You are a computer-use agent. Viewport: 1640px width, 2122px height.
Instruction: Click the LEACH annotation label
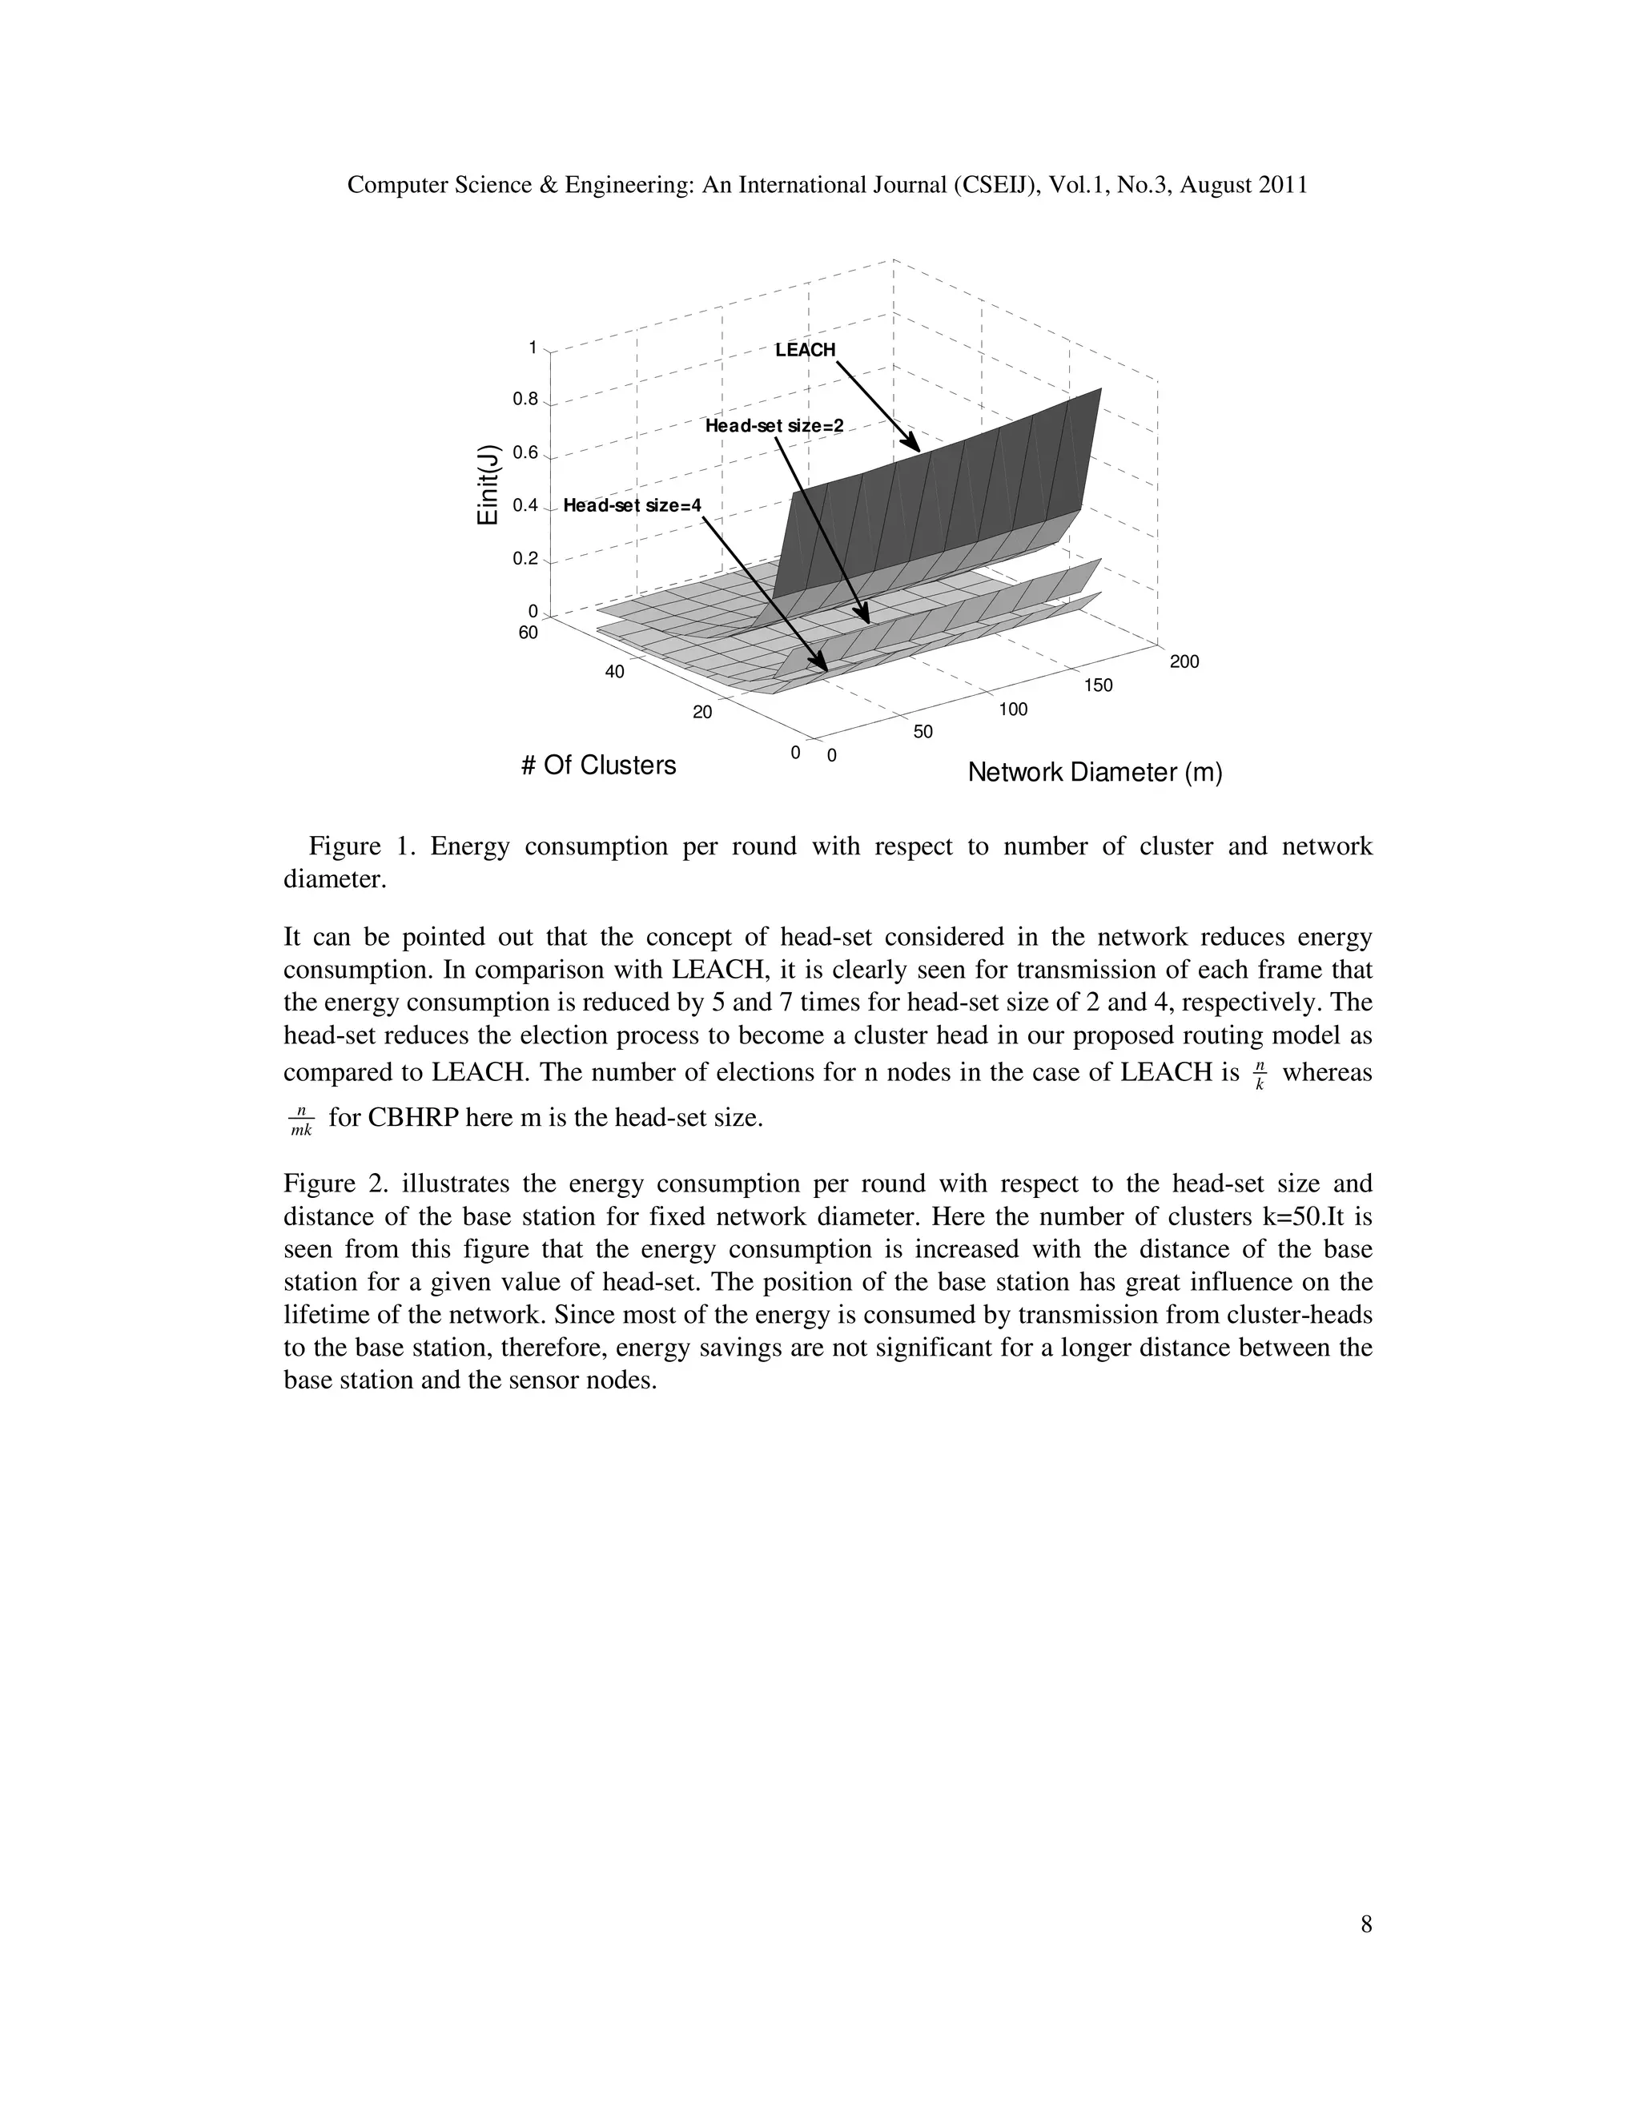(x=805, y=350)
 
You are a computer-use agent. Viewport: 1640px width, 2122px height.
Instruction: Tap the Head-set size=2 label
(x=774, y=425)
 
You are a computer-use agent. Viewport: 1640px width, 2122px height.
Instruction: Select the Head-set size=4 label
(x=632, y=505)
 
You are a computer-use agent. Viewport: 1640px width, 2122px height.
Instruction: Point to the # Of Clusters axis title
(x=598, y=766)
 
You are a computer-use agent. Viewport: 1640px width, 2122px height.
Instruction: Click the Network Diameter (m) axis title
(x=1095, y=773)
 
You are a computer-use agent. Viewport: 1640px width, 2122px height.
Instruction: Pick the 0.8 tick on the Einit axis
(x=525, y=400)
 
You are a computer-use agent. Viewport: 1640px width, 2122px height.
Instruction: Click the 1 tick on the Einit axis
(x=533, y=347)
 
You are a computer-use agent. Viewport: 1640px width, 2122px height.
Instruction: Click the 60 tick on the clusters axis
(x=528, y=633)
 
